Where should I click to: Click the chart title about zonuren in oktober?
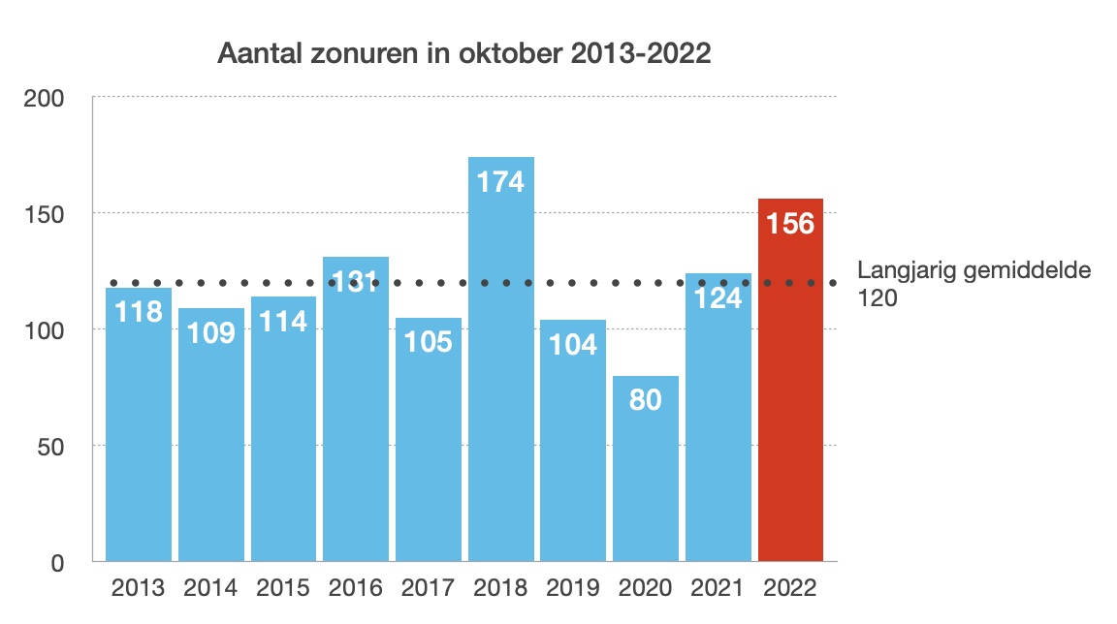click(x=464, y=53)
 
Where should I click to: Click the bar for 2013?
click(x=139, y=436)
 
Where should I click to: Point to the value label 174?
click(x=500, y=181)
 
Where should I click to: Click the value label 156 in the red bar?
click(x=790, y=223)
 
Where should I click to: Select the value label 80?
click(x=645, y=399)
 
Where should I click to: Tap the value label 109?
click(x=211, y=332)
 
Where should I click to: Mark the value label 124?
click(x=718, y=297)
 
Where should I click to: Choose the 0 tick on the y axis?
click(x=58, y=562)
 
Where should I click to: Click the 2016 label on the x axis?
click(x=356, y=587)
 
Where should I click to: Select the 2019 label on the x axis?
click(x=573, y=587)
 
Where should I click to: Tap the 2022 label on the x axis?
click(x=790, y=587)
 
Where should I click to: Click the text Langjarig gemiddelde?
click(x=974, y=270)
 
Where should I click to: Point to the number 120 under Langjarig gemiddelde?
click(x=878, y=298)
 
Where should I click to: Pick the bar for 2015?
click(x=283, y=436)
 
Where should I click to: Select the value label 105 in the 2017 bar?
click(x=428, y=341)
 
